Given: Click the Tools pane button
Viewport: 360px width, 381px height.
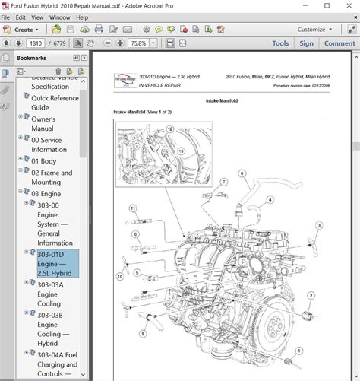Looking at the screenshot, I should click(280, 43).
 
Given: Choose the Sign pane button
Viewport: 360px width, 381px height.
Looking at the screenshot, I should click(306, 43).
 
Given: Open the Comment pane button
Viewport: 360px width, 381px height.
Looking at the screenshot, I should click(339, 43).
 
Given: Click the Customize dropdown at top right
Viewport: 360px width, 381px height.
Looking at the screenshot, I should click(314, 30).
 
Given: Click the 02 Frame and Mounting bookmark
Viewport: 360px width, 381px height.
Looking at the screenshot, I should click(52, 177).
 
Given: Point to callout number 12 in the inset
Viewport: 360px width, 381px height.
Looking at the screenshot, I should click(170, 129).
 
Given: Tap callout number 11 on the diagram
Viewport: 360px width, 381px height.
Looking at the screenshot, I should click(132, 208).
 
